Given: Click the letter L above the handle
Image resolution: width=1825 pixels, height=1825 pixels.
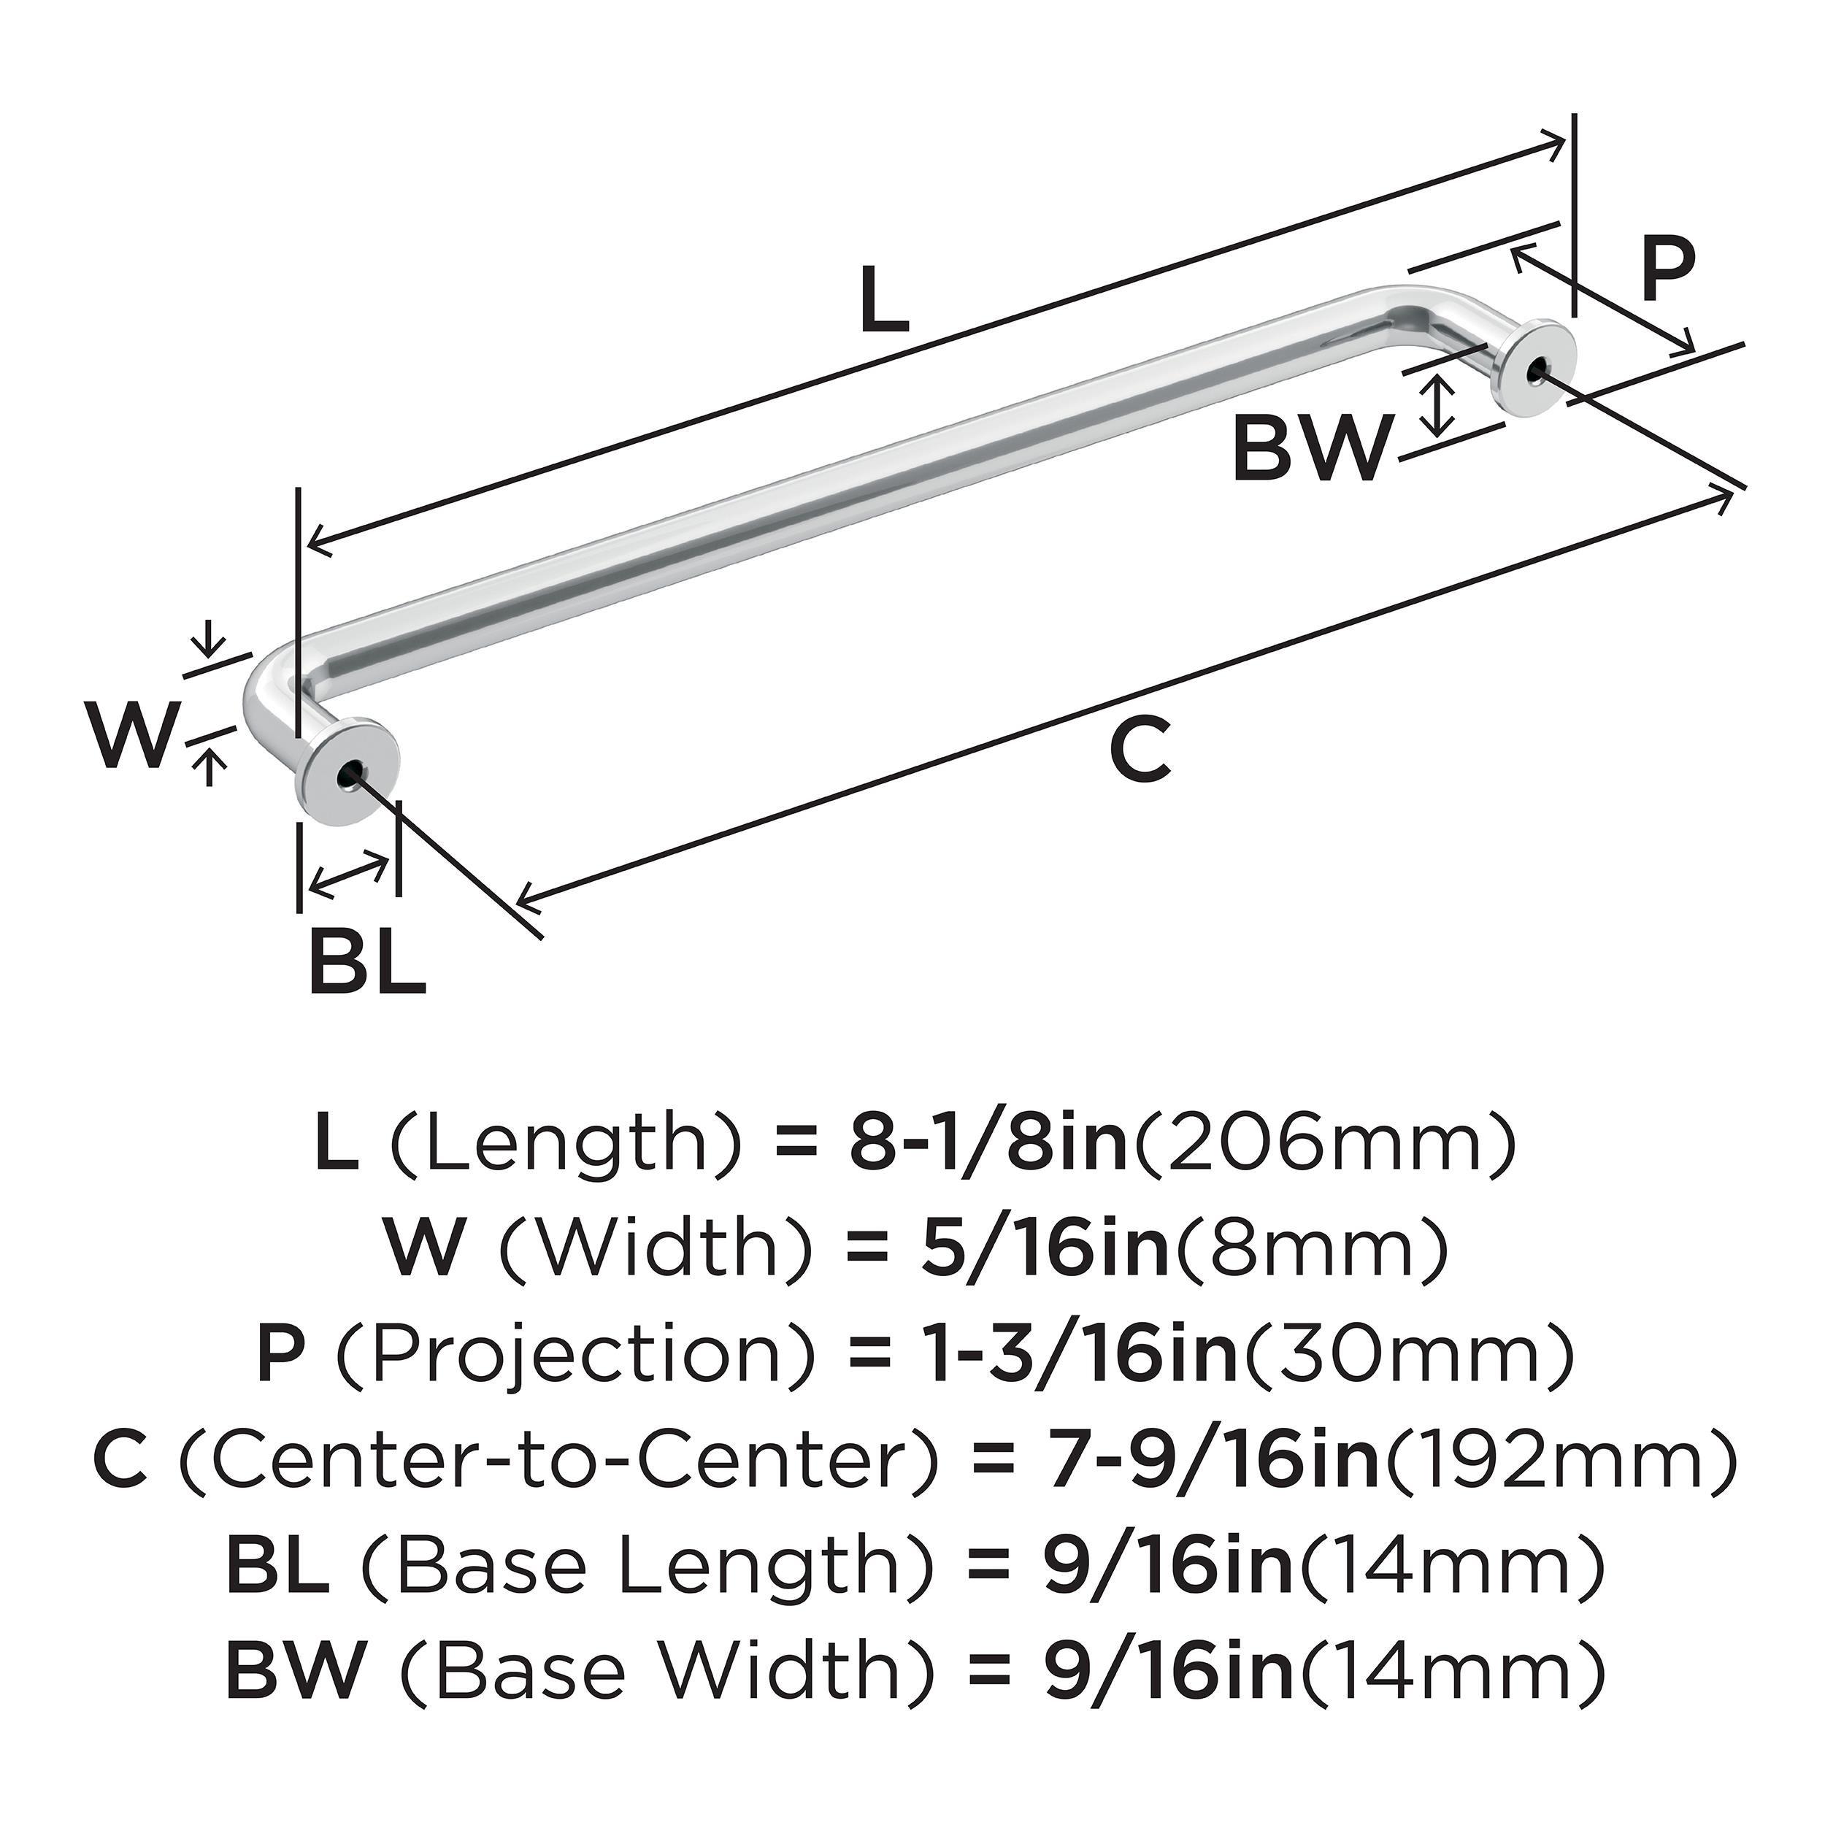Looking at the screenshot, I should pyautogui.click(x=884, y=300).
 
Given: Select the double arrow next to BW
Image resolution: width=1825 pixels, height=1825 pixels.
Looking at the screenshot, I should pyautogui.click(x=1437, y=404).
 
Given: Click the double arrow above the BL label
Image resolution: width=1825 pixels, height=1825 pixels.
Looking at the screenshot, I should pyautogui.click(x=350, y=875).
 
